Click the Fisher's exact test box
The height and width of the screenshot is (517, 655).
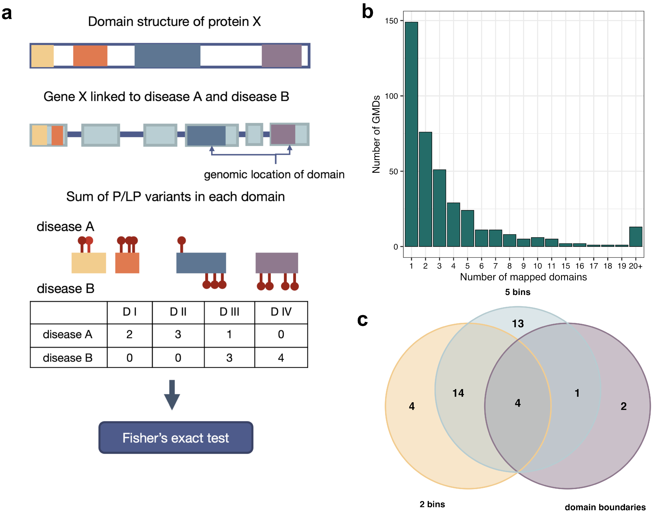(176, 437)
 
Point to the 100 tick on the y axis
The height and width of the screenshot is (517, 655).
(391, 96)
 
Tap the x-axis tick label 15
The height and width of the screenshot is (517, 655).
(565, 266)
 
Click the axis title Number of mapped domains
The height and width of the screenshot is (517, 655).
(523, 277)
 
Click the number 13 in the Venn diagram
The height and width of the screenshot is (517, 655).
(517, 324)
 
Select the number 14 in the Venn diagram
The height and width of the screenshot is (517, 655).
(458, 393)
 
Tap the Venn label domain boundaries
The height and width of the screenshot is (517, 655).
(605, 507)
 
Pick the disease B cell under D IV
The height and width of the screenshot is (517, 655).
(281, 358)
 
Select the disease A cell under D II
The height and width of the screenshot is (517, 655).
(178, 334)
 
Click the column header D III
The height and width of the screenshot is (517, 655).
(229, 312)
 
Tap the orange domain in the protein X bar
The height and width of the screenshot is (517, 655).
(90, 56)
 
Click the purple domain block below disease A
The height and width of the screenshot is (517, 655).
(277, 263)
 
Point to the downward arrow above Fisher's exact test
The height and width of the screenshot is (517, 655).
(172, 395)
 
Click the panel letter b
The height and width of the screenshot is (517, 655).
(367, 12)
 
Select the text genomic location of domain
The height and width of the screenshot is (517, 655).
(274, 175)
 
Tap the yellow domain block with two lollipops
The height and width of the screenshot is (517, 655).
(89, 263)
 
